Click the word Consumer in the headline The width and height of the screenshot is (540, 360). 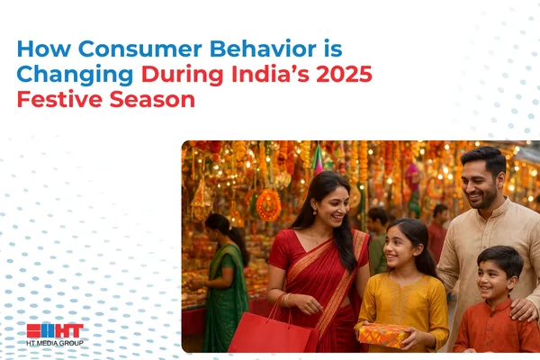[139, 49]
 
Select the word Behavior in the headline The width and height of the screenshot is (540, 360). [263, 49]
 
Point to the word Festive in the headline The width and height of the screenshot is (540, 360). [59, 99]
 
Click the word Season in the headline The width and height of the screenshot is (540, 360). [152, 100]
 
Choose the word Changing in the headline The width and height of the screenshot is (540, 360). [75, 76]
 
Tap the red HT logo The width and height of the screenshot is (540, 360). [55, 330]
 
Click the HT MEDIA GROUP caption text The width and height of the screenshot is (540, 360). [55, 343]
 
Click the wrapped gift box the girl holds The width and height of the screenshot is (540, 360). [382, 336]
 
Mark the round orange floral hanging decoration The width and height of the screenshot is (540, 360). [268, 205]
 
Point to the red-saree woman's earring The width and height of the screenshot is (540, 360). [315, 211]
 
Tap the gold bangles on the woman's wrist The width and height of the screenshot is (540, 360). [287, 300]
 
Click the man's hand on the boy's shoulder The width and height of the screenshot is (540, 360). [524, 309]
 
